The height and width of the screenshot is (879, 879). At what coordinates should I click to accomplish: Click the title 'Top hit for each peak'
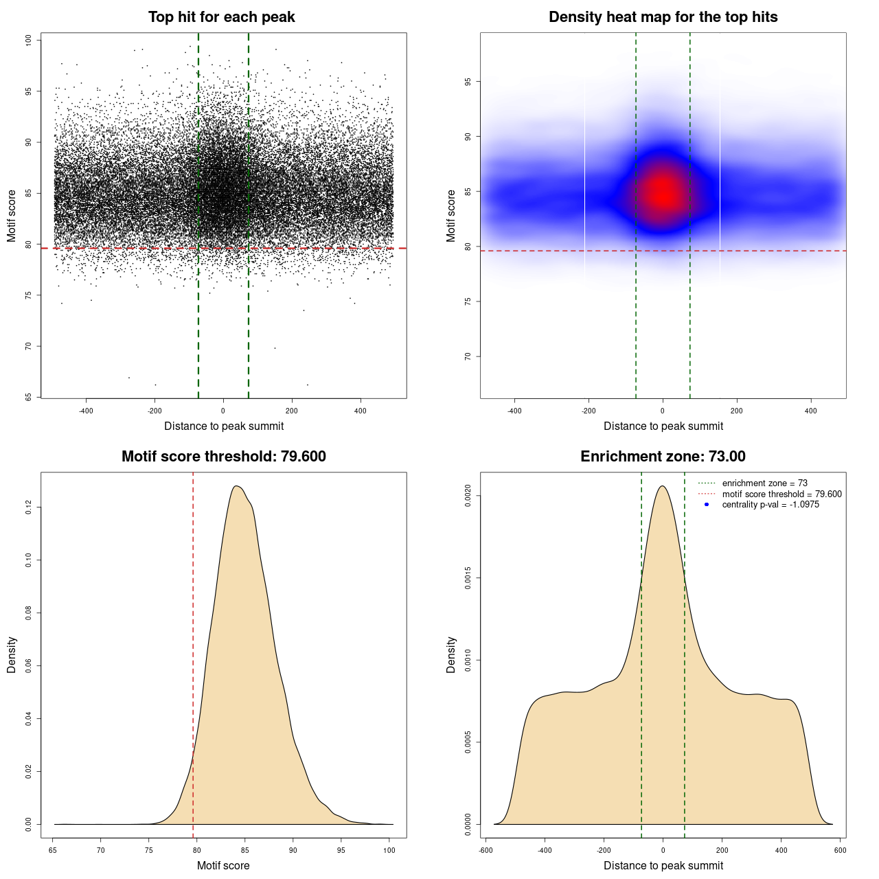(221, 17)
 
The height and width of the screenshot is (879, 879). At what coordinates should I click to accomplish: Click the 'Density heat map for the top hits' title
(663, 17)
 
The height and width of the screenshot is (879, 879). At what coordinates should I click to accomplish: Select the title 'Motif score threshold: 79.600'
(223, 457)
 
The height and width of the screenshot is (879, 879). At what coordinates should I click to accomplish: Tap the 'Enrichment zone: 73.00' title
(663, 457)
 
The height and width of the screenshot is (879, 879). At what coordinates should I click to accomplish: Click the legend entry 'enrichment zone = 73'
(764, 483)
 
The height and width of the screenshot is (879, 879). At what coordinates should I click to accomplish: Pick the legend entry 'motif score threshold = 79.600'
(781, 494)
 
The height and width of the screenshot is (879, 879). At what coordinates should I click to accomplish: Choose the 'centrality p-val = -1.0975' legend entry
(770, 505)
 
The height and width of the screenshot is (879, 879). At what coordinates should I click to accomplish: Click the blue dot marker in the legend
(707, 505)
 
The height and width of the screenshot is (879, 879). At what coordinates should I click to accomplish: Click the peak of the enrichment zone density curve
(663, 486)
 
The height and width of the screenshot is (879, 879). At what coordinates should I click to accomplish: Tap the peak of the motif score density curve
(236, 486)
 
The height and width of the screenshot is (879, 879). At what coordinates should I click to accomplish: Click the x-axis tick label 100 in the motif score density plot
(389, 850)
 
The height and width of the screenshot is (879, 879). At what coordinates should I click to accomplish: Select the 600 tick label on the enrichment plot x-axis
(840, 850)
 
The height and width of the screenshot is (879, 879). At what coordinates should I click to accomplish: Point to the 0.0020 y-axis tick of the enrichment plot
(468, 496)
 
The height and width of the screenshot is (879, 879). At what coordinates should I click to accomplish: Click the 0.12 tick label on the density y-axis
(29, 507)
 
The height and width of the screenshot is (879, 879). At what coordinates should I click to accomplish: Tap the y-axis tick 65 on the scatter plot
(29, 397)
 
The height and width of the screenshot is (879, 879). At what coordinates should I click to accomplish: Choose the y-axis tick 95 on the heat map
(468, 82)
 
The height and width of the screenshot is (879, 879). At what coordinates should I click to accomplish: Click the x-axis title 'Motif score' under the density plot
(223, 865)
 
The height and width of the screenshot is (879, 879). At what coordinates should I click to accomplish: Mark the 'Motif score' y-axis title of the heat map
(451, 216)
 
